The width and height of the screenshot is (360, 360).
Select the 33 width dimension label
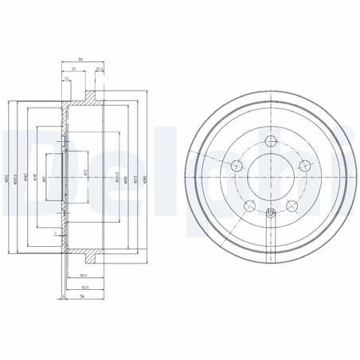(x=74, y=68)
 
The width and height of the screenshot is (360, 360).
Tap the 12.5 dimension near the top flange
(x=100, y=68)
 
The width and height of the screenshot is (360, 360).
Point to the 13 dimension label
(x=66, y=78)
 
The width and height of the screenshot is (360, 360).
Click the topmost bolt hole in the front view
(x=272, y=143)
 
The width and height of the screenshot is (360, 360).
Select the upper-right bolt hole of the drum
(x=305, y=166)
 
